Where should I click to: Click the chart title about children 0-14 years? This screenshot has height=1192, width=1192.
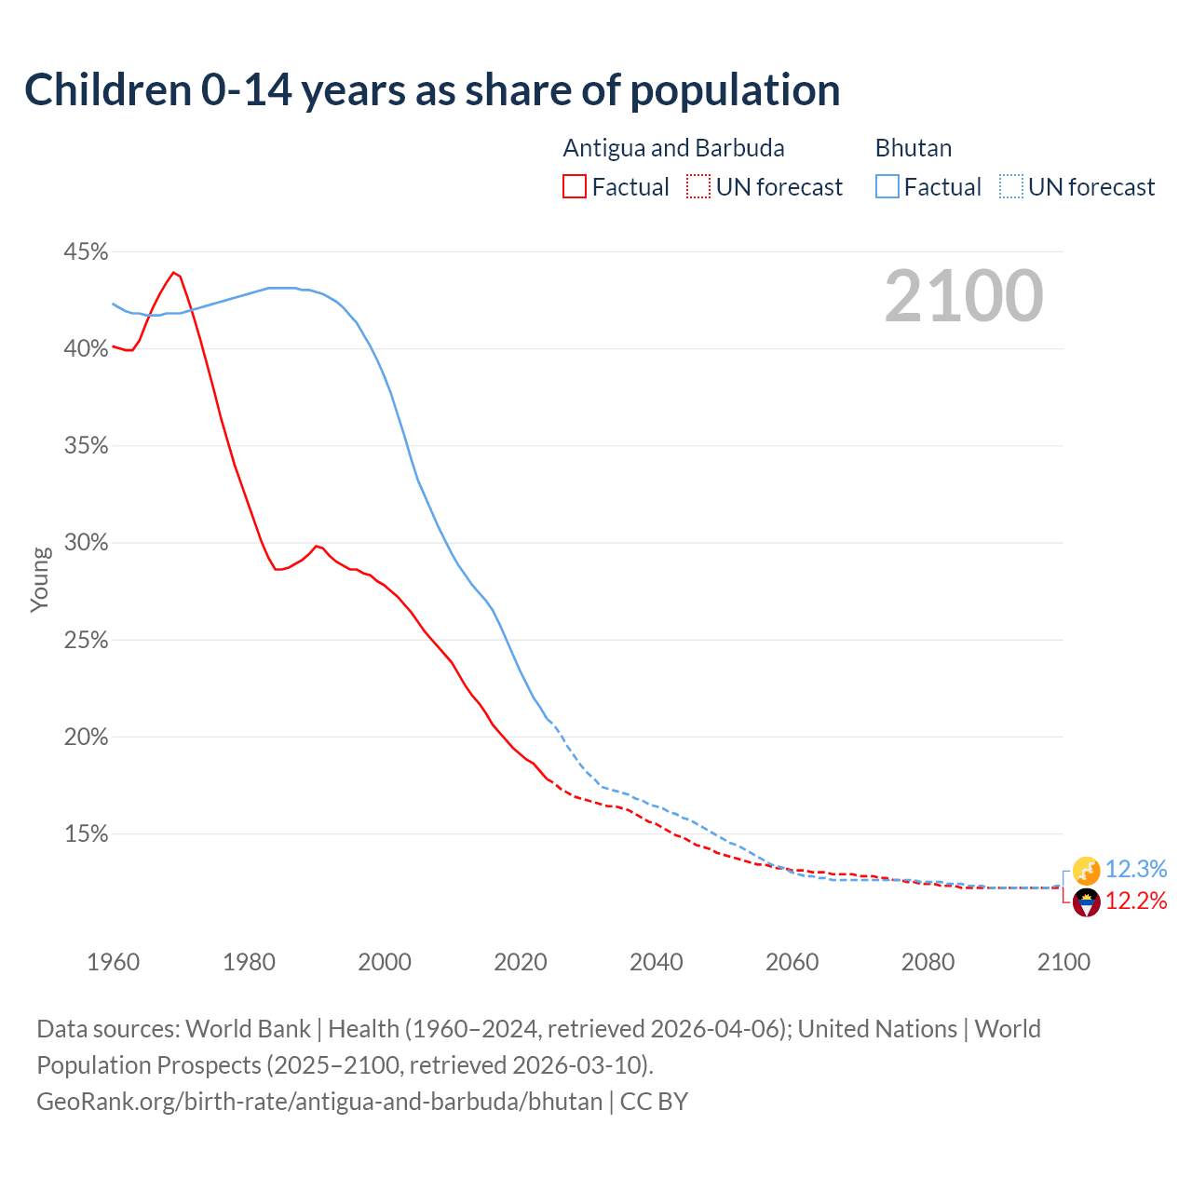point(432,90)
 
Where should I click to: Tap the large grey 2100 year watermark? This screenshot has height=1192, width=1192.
point(964,296)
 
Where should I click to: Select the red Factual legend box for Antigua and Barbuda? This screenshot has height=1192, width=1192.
point(575,187)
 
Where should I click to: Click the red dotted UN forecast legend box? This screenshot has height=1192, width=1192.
point(698,187)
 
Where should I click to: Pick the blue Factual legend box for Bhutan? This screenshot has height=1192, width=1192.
point(887,187)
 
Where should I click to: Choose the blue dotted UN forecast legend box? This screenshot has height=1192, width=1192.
point(1010,187)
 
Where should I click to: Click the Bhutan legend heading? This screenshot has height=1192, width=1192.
point(913,148)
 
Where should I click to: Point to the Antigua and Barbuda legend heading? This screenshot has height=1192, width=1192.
point(673,148)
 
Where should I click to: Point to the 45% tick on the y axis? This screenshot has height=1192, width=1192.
point(86,252)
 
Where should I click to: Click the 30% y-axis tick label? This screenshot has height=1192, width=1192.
point(86,543)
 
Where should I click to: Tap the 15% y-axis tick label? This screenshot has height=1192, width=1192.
point(86,834)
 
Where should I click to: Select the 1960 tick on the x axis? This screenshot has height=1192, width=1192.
point(113,962)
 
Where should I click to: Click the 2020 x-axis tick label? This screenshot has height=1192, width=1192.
point(521,962)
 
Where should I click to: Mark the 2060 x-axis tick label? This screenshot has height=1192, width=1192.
point(792,962)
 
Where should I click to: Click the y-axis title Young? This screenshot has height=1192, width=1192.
point(40,579)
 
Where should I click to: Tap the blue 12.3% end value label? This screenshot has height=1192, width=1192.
point(1135,870)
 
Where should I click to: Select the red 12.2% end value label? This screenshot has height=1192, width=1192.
point(1135,901)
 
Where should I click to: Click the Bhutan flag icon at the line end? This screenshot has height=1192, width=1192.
point(1086,871)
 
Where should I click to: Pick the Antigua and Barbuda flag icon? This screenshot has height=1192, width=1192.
point(1086,902)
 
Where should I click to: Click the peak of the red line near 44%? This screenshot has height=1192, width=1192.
point(173,272)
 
